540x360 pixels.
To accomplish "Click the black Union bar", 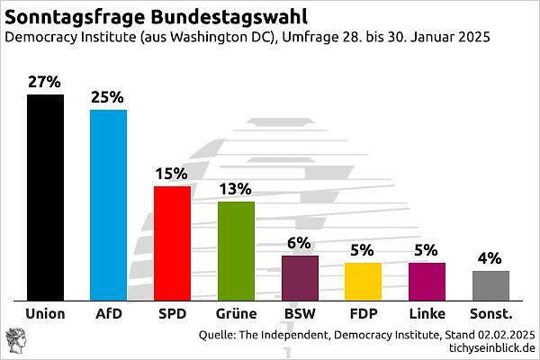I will (45, 197).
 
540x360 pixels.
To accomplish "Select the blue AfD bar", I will (108, 204).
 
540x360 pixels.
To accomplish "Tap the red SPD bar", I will (172, 243).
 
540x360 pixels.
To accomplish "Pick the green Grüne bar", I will (236, 250).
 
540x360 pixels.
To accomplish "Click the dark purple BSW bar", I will (300, 277).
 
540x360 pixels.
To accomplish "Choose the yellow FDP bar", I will (363, 281).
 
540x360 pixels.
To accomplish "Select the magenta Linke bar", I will (427, 281).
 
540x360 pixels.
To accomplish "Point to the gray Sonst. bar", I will (490, 285).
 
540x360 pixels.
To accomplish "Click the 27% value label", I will (45, 82).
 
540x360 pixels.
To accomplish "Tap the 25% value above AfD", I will (108, 97).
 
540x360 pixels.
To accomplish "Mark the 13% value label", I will (236, 189).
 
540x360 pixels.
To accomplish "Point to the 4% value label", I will (490, 258).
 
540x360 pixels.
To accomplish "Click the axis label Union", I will (45, 314).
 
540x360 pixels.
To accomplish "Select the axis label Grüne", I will (236, 314).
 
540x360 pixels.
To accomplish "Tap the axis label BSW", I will (300, 314).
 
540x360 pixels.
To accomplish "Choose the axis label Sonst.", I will (490, 314).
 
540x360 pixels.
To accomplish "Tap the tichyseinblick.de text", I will (485, 347).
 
